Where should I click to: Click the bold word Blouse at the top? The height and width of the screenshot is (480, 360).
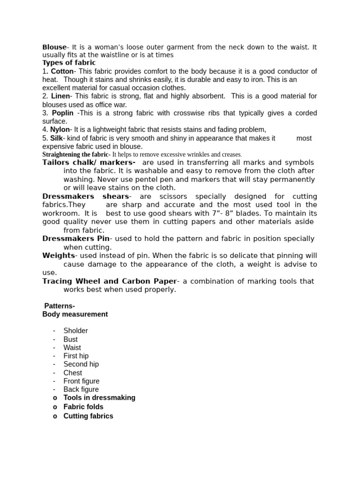tap(54, 47)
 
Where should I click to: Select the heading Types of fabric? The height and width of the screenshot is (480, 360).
tap(69, 62)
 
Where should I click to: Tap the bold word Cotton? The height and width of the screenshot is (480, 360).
tap(62, 71)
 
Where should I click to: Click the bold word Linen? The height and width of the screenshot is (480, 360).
tap(60, 96)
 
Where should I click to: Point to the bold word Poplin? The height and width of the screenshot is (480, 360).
tap(63, 113)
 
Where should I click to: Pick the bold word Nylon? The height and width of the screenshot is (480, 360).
tap(60, 129)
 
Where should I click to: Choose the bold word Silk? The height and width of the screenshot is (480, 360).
tap(56, 138)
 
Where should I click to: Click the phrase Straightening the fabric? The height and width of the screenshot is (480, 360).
tap(75, 154)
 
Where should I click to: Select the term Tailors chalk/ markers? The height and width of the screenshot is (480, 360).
tap(89, 162)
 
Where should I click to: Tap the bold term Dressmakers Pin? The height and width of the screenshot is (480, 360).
tap(75, 239)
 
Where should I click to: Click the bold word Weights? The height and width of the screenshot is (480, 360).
tap(59, 255)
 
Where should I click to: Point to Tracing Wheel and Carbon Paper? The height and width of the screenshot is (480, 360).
tap(110, 281)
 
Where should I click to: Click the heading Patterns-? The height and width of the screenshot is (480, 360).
tap(59, 306)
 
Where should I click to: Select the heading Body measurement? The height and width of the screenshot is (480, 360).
tap(75, 314)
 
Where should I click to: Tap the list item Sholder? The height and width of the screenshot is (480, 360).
tap(75, 330)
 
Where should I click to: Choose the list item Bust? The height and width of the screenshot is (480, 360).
tap(71, 339)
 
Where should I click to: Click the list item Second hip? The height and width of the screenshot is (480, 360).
tap(81, 364)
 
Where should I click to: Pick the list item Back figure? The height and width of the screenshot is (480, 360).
tap(81, 389)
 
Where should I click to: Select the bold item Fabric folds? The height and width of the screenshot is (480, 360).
tap(83, 407)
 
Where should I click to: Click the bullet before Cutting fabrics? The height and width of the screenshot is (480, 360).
tap(55, 416)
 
